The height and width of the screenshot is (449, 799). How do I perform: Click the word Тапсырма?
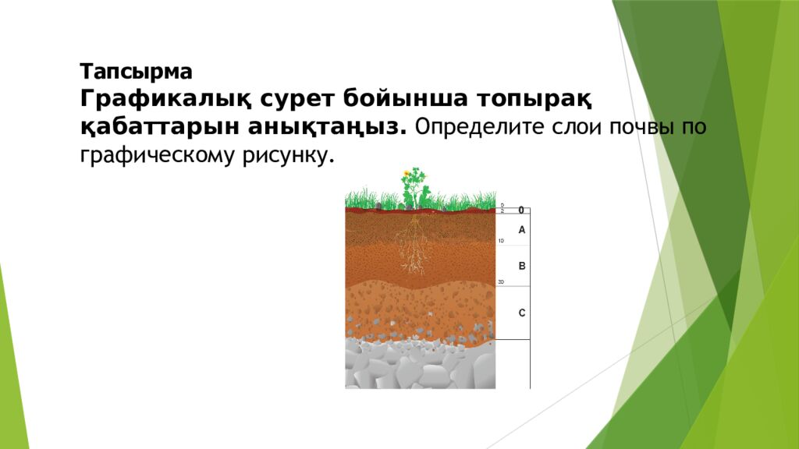(x=135, y=72)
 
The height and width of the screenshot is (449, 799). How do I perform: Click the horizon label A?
(x=522, y=230)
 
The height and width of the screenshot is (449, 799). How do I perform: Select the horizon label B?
(x=522, y=266)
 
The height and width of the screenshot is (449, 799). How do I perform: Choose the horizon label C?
(x=522, y=313)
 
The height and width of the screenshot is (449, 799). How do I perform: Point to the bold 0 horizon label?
(x=521, y=210)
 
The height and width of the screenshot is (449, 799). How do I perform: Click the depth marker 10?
(x=501, y=241)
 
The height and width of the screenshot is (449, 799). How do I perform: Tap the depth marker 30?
(x=501, y=281)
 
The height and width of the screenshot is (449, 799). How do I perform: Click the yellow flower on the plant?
(x=406, y=173)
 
